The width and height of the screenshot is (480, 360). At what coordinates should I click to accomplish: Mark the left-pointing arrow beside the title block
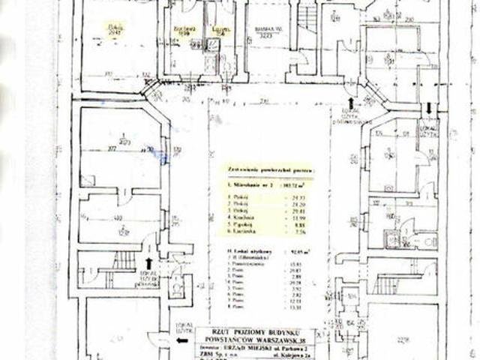point(181,339)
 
